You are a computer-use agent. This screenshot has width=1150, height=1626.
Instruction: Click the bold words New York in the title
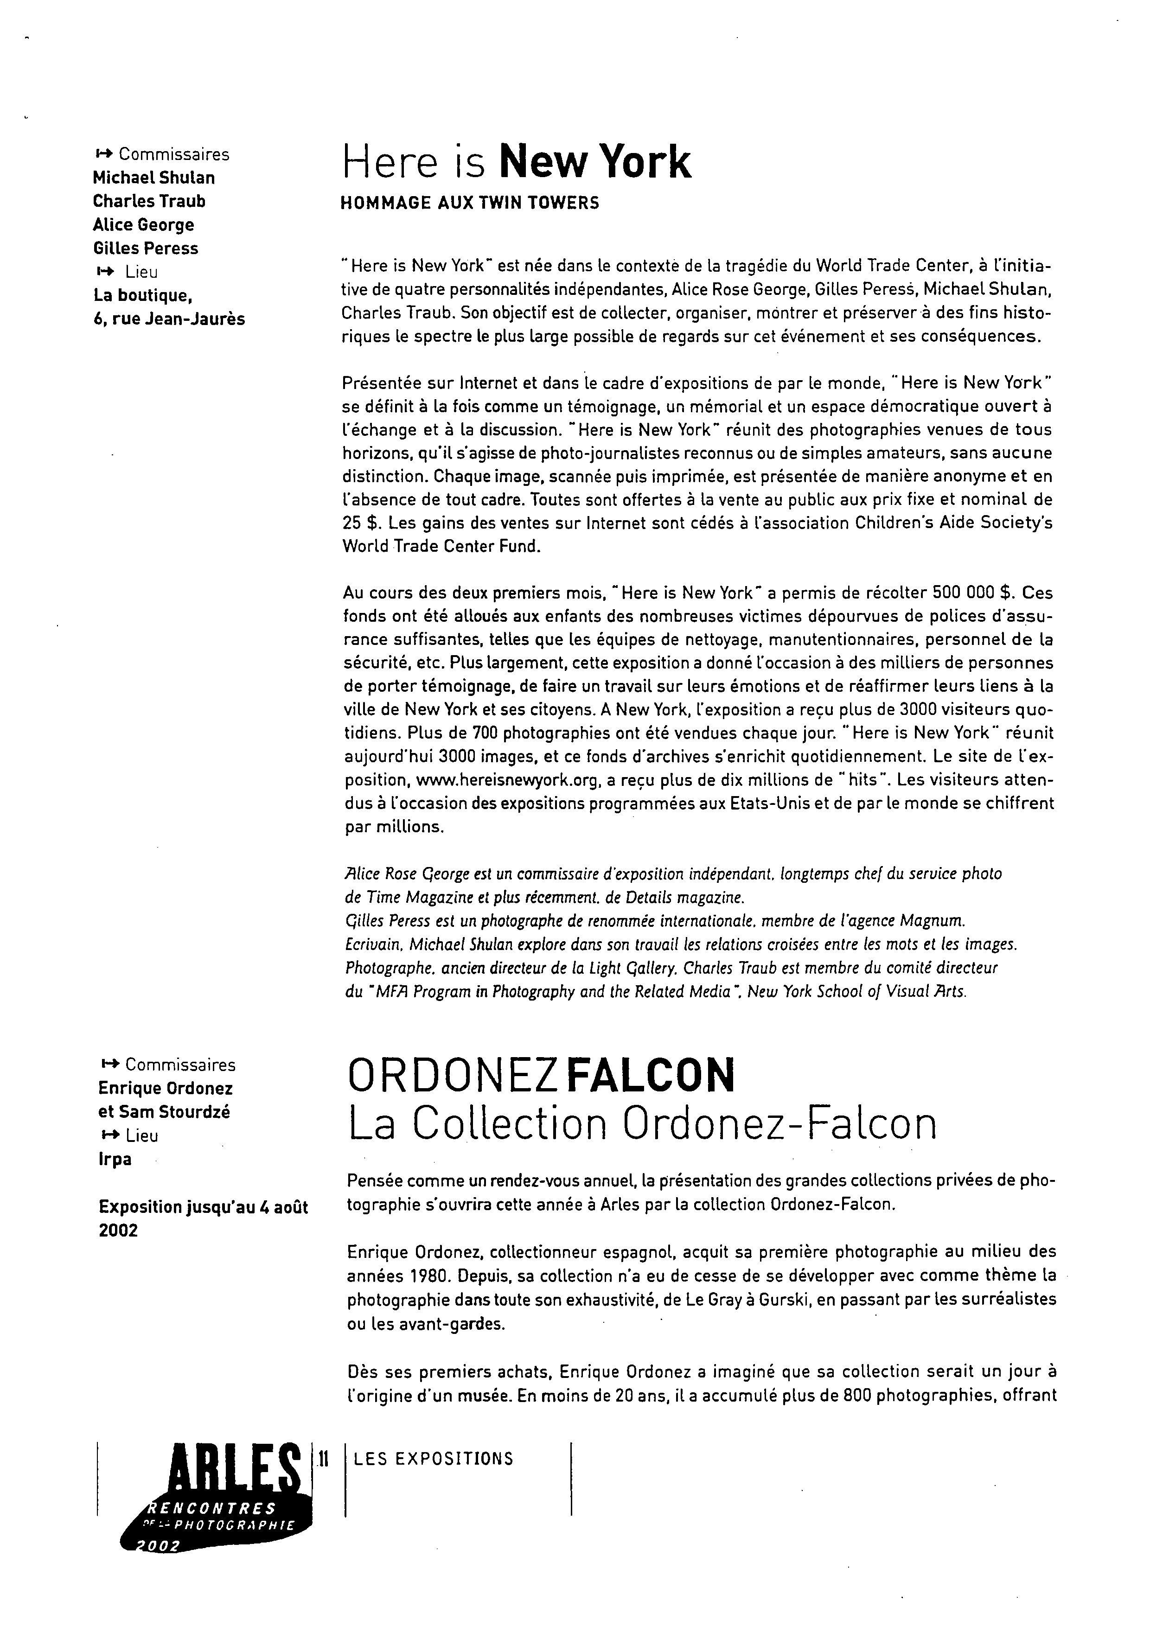point(595,162)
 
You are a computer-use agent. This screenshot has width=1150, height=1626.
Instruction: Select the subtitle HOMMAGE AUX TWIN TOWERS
point(469,203)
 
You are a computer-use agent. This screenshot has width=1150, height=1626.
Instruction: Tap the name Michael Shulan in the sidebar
point(153,178)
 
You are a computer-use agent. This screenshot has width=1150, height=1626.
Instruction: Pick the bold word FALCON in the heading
point(651,1076)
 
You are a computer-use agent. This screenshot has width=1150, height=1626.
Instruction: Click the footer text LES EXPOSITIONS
point(434,1459)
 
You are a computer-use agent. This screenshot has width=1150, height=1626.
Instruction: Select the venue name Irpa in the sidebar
point(115,1159)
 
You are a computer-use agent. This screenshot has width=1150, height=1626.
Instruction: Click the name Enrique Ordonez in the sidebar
point(165,1089)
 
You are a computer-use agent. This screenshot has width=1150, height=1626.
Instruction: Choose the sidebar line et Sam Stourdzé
point(164,1112)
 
